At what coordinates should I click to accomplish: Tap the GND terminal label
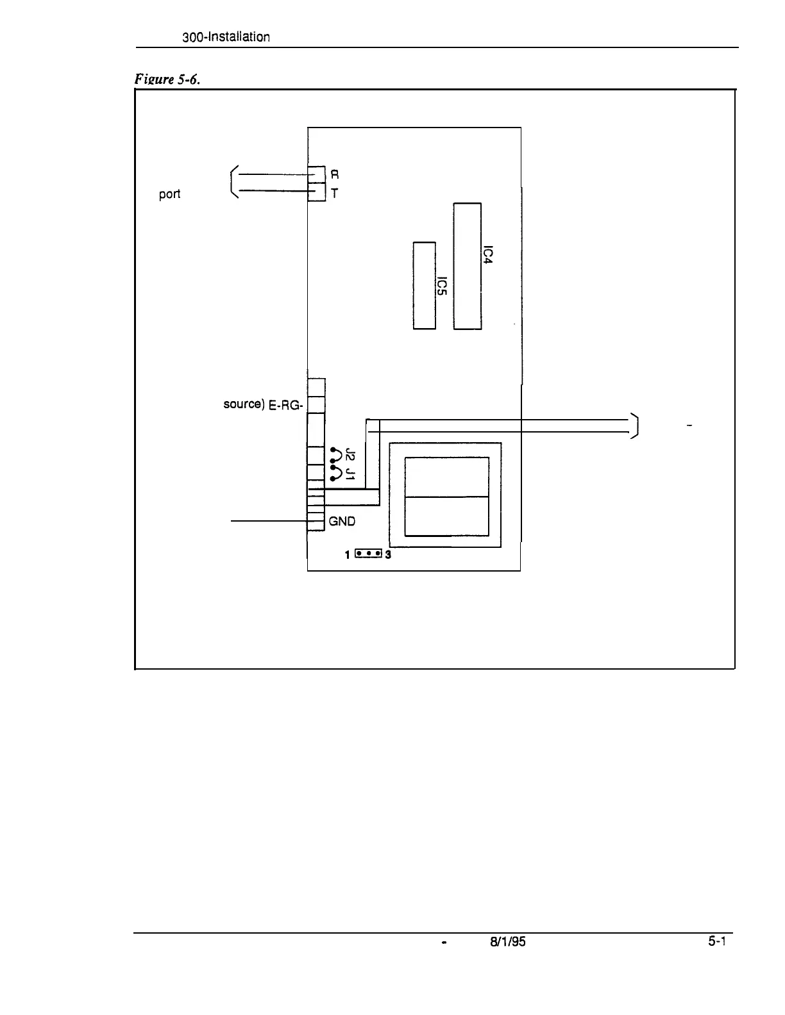click(x=342, y=522)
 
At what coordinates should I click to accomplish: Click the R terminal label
click(x=335, y=174)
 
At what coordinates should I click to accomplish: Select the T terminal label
click(x=335, y=192)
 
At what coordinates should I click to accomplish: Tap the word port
click(x=169, y=194)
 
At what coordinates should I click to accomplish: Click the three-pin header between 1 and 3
click(x=368, y=553)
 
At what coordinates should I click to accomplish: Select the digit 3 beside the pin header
click(x=388, y=555)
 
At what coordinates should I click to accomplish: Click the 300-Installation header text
click(x=226, y=37)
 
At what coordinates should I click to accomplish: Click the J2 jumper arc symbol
click(x=335, y=454)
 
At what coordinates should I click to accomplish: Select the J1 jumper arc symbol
click(x=335, y=474)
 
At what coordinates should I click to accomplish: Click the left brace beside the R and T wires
click(x=234, y=182)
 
